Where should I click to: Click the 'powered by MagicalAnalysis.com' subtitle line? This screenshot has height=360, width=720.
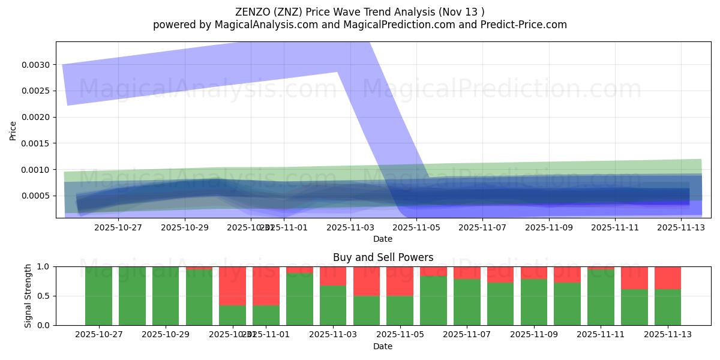coord(359,25)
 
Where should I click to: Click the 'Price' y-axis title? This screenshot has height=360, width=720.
coord(13,130)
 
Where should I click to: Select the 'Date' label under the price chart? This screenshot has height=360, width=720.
coord(383,239)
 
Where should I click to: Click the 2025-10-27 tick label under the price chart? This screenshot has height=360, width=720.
coord(118,227)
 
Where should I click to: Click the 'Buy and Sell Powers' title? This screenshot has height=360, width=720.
coord(383,257)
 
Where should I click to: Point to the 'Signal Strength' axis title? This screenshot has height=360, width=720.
coord(28,296)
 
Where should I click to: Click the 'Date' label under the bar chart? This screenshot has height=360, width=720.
coord(383,346)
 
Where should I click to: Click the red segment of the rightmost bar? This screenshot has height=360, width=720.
coord(667,278)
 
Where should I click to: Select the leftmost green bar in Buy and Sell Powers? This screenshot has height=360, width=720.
coord(98,296)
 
